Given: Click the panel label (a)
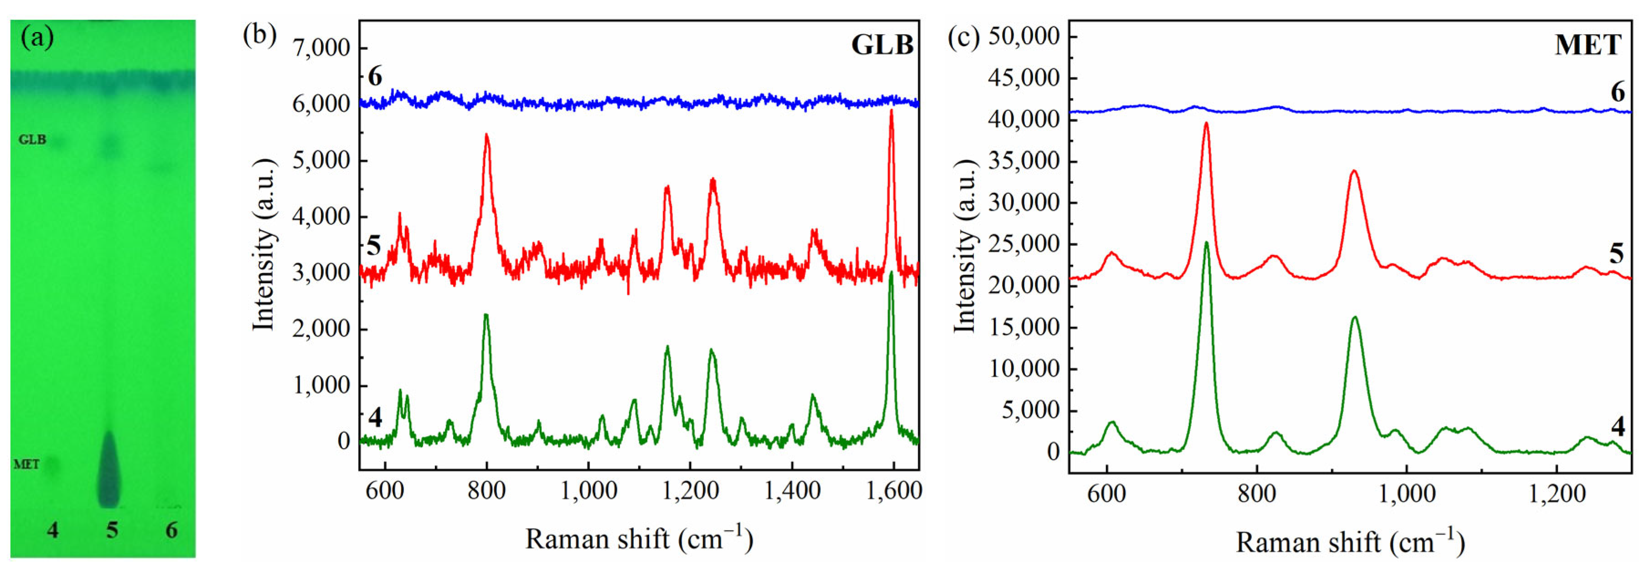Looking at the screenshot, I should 37,38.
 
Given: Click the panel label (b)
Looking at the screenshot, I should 259,35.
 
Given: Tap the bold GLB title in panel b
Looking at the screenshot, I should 882,45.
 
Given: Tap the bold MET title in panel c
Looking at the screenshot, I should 1587,45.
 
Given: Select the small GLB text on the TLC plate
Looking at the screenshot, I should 32,139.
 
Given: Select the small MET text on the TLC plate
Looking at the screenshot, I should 27,464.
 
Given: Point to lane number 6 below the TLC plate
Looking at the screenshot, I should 171,530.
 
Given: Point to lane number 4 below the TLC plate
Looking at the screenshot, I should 53,530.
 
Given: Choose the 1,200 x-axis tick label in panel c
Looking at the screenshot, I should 1556,494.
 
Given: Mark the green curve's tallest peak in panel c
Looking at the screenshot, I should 1206,243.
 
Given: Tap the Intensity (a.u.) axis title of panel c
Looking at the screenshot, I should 965,245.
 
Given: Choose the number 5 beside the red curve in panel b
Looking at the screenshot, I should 374,245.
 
